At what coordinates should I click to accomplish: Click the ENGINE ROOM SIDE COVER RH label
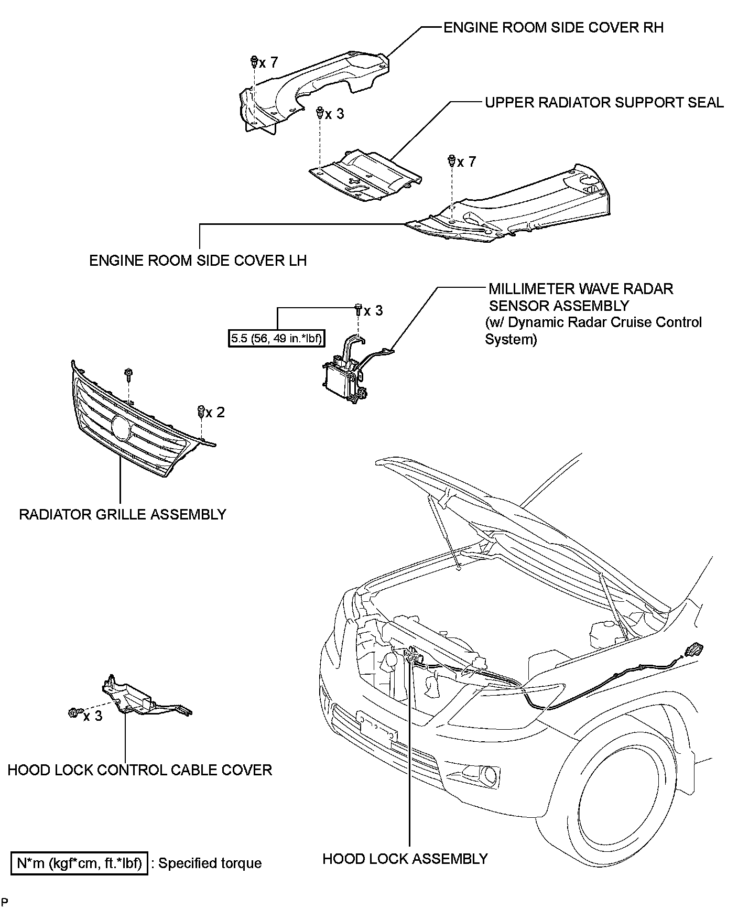click(553, 27)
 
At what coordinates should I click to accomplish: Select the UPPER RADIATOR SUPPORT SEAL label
click(604, 102)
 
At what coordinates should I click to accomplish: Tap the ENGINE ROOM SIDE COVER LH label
click(198, 261)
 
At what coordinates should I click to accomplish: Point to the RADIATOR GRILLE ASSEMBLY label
click(123, 514)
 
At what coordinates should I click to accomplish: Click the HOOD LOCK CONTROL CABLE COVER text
click(139, 770)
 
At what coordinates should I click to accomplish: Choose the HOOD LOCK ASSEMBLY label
click(405, 859)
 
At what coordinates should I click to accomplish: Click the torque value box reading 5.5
click(277, 339)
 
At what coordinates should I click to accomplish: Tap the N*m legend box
click(80, 863)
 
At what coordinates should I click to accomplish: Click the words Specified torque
click(210, 863)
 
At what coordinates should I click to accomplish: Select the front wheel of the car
click(618, 818)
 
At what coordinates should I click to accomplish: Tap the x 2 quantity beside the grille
click(215, 413)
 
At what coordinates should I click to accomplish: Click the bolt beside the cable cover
click(73, 712)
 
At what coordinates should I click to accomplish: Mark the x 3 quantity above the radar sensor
click(373, 311)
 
